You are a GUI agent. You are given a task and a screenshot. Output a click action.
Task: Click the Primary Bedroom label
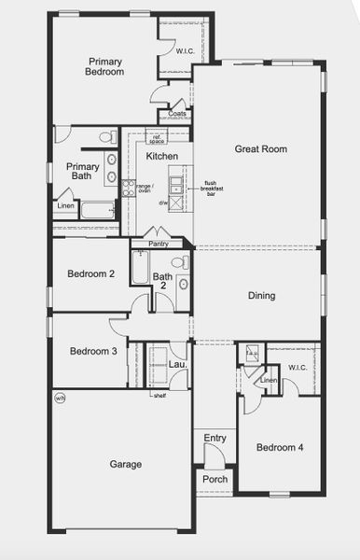pyautogui.click(x=104, y=65)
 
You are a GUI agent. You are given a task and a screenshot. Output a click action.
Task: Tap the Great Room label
pyautogui.click(x=260, y=148)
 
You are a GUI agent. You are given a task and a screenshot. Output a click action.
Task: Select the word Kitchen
pyautogui.click(x=161, y=156)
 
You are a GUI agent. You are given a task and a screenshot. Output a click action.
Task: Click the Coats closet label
pyautogui.click(x=177, y=115)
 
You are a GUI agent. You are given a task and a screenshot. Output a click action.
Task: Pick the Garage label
pyautogui.click(x=125, y=464)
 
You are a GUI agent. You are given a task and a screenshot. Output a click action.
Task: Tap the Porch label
pyautogui.click(x=215, y=480)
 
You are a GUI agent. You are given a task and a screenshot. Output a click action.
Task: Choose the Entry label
pyautogui.click(x=215, y=438)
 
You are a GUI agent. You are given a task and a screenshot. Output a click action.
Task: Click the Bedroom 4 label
pyautogui.click(x=281, y=448)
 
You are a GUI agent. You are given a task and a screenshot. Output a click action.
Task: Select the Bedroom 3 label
pyautogui.click(x=92, y=352)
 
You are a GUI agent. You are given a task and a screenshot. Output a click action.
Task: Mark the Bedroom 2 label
pyautogui.click(x=91, y=274)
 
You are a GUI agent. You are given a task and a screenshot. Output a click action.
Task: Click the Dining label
pyautogui.click(x=261, y=296)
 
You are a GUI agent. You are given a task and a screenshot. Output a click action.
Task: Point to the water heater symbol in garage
pyautogui.click(x=60, y=399)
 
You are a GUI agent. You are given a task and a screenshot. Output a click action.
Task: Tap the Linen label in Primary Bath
pyautogui.click(x=65, y=205)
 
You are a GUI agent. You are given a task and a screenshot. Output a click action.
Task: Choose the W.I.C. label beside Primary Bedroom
pyautogui.click(x=186, y=53)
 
